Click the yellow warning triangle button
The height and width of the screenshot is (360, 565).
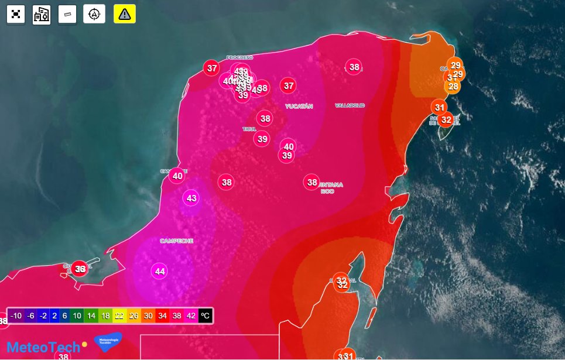(x=125, y=14)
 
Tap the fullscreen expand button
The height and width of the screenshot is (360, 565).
(x=16, y=14)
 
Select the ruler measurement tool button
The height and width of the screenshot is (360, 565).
(x=67, y=14)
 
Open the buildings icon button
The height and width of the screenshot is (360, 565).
(x=42, y=14)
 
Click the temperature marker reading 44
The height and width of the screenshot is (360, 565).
(x=160, y=271)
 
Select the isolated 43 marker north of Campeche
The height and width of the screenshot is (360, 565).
(x=191, y=198)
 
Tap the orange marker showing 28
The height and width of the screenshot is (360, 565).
(x=453, y=87)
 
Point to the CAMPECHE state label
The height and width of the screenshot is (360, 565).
(x=176, y=241)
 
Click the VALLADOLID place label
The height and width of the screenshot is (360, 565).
(x=350, y=105)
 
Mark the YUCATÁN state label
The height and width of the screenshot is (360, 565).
(x=299, y=107)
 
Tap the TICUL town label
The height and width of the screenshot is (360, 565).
(x=249, y=129)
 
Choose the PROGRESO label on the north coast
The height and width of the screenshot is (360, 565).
(x=239, y=57)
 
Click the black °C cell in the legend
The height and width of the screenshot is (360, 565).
(x=205, y=316)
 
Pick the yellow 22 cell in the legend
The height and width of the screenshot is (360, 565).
(x=119, y=316)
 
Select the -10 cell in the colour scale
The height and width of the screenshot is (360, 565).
(x=16, y=316)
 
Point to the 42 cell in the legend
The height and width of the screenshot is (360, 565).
(x=191, y=316)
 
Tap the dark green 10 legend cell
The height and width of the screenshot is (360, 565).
(x=77, y=316)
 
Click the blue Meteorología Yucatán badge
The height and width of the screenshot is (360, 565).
(x=108, y=341)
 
